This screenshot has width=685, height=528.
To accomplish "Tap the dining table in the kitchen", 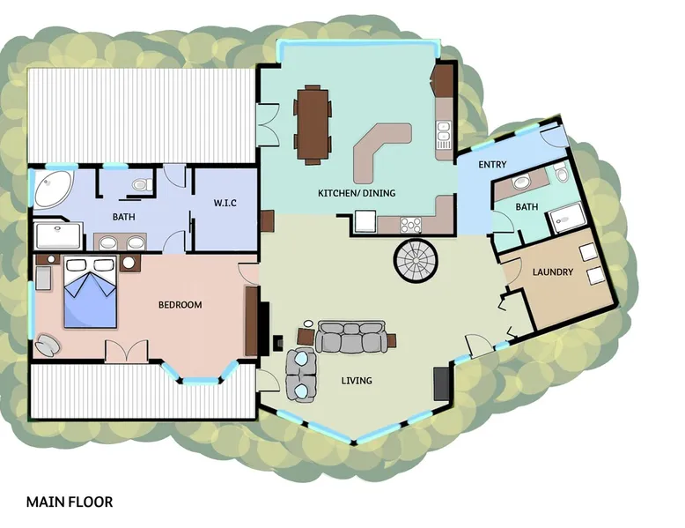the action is pos(313,124).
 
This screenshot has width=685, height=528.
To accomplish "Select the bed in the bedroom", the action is pos(90,292).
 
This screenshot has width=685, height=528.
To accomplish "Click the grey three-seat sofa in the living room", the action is pos(350,337).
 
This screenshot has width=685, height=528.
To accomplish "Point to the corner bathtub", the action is pos(54,189).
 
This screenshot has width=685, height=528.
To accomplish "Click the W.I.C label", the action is pos(225,203).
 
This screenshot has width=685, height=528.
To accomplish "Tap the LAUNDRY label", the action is pos(553,272).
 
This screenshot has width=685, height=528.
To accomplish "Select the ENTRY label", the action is pos(492,165).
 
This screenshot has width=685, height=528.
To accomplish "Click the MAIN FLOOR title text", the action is pos(70,502).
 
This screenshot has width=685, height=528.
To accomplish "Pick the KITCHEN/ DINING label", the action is pos(357,193).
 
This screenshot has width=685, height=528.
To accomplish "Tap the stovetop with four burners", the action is pos(410,226).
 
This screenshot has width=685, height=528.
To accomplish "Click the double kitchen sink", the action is pos(444,134).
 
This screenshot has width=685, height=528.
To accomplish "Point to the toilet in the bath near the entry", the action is pos(562,174).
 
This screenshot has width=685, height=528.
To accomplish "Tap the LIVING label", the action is pos(357,381).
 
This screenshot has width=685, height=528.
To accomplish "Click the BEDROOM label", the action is pos(180,305).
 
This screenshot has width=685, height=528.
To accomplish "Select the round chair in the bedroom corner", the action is pos(48,345).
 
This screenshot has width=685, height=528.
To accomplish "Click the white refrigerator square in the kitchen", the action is pos(365,221).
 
